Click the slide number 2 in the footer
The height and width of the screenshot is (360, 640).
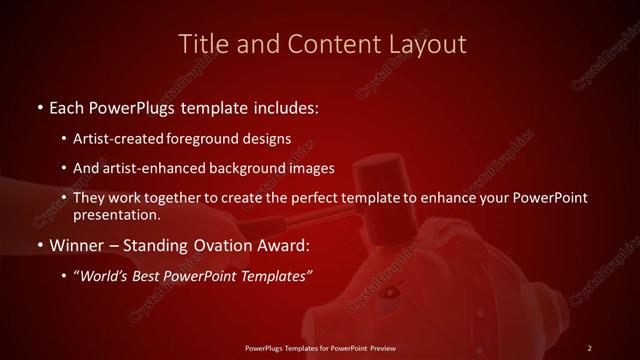[590, 347]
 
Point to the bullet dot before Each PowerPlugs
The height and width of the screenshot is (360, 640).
[39, 106]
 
